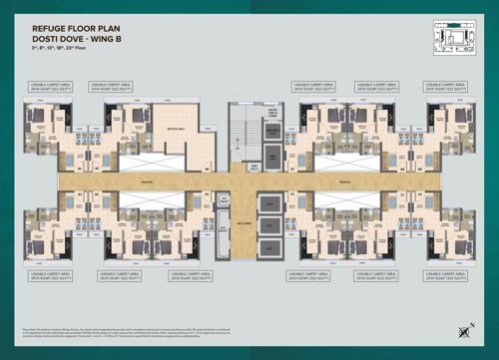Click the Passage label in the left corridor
(119, 182)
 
